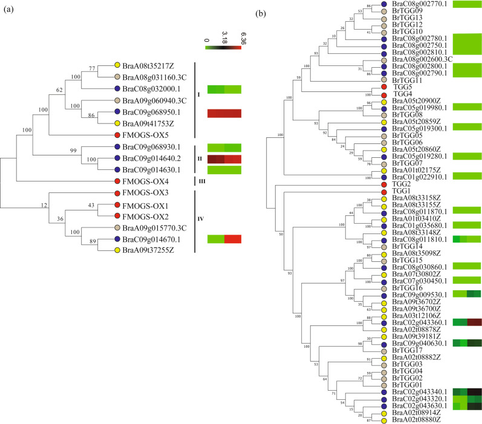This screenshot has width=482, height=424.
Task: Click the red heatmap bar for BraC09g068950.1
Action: coord(224,113)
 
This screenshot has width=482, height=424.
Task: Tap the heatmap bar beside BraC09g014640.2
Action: coord(224,159)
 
